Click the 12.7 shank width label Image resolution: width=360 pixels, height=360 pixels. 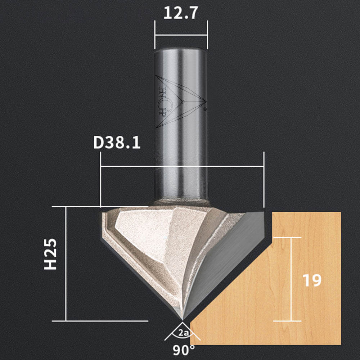point(180,13)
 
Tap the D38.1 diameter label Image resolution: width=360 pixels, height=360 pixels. point(117,143)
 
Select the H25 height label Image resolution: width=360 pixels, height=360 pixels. point(50,254)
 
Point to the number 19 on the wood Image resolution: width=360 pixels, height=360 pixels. point(312,280)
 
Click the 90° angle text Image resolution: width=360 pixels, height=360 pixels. point(184,350)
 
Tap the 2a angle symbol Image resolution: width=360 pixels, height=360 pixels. point(183,333)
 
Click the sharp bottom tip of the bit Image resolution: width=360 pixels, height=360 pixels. point(182,320)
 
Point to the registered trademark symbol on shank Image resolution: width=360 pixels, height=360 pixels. point(205,109)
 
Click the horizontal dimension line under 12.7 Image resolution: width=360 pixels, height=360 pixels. point(181,35)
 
